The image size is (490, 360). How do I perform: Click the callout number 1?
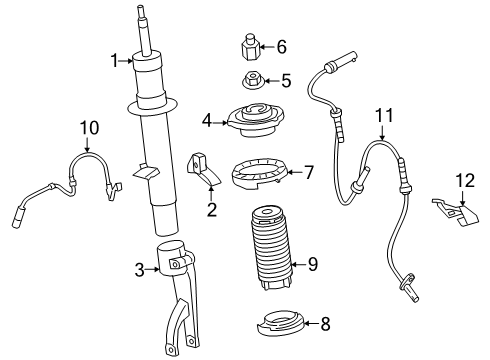114,61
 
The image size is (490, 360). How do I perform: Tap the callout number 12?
465,181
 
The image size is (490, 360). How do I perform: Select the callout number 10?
89,128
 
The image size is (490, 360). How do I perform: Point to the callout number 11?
384,116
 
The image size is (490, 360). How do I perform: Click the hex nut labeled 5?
253,82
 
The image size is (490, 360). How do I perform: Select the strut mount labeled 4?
256,122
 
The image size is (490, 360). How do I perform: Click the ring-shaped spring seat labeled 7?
260,174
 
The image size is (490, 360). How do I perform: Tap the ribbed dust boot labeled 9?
270,248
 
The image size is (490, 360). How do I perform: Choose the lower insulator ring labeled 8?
280,323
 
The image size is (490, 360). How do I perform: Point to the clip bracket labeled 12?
457,213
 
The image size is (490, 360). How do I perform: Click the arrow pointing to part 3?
153,269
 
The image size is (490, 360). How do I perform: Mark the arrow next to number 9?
298,265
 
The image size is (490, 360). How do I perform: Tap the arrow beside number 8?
311,323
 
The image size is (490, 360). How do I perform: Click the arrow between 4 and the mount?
220,123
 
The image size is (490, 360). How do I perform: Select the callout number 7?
309,172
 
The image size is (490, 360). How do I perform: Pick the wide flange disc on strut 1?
152,107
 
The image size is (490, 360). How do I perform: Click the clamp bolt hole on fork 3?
174,265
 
